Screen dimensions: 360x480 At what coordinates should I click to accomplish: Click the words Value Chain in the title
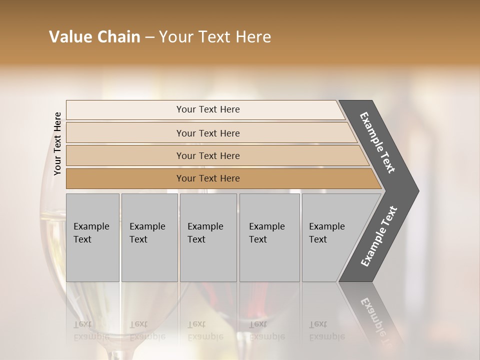coord(94,37)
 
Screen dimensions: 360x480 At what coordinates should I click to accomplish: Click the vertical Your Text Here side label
coord(57,143)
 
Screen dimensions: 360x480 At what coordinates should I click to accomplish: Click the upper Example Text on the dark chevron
coord(377,142)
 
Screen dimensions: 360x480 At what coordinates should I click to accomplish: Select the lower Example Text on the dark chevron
coord(379,236)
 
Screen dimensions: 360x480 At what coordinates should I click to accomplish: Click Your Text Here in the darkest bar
coord(208,178)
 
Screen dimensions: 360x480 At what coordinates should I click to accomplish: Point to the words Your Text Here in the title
coord(215,37)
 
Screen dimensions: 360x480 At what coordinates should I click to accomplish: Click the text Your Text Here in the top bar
coord(208,109)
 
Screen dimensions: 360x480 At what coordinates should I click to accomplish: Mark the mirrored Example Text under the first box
coord(91,330)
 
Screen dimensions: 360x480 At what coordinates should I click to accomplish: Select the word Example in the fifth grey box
coord(327,226)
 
